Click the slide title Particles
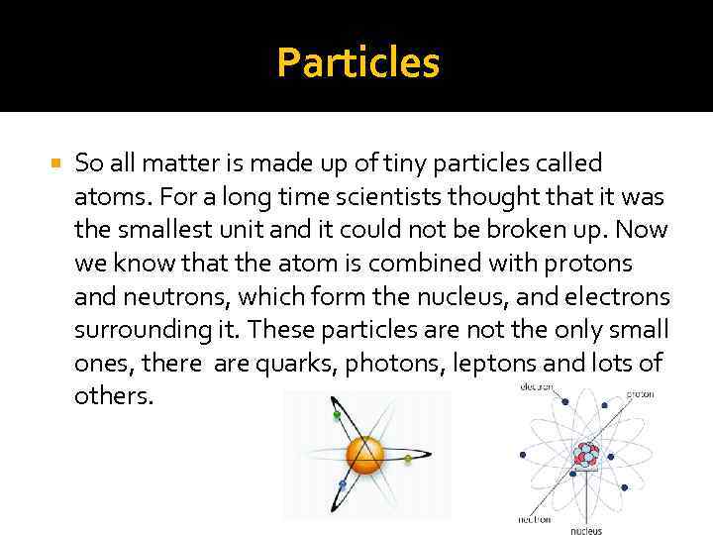[x=357, y=62]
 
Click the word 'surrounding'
[x=131, y=331]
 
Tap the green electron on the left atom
[x=337, y=415]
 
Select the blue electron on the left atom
[x=342, y=483]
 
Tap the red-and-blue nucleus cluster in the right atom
[x=586, y=455]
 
